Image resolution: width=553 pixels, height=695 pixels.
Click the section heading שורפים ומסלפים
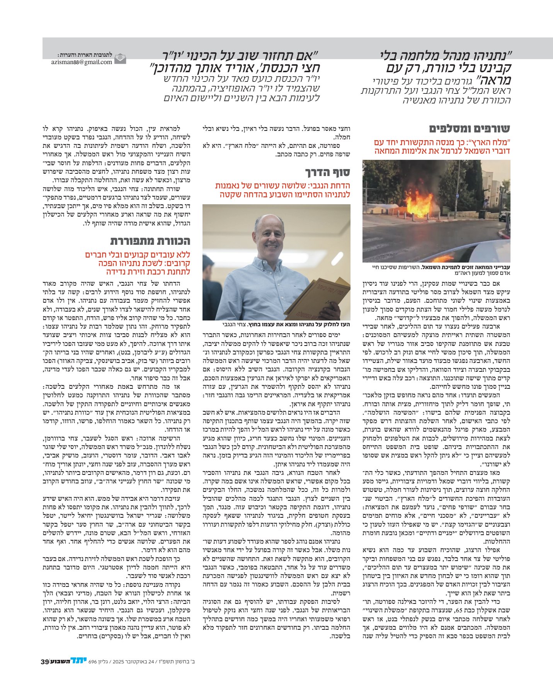(x=470, y=129)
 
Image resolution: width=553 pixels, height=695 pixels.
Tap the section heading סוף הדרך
(x=328, y=172)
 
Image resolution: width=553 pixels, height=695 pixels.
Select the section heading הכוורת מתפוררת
(x=150, y=241)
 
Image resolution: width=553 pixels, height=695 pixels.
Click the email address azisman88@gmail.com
(x=82, y=62)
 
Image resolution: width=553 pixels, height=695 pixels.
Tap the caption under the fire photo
(x=437, y=270)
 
